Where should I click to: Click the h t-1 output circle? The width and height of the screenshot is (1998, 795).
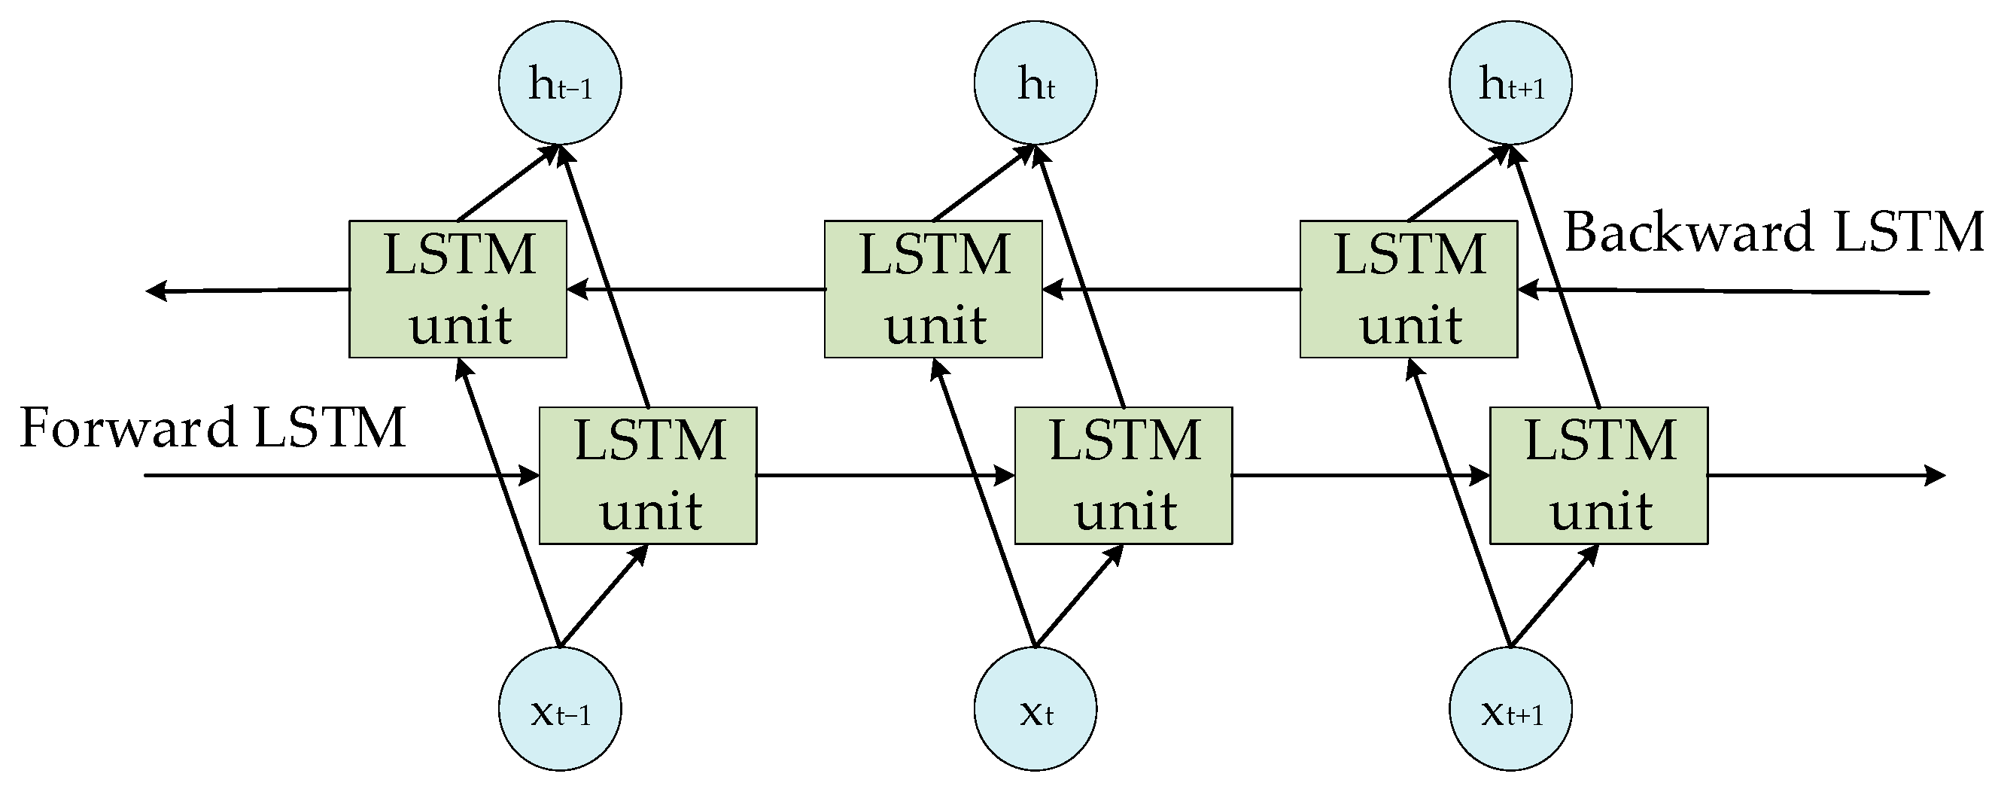(x=559, y=82)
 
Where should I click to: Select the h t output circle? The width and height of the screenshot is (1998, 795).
(x=1035, y=82)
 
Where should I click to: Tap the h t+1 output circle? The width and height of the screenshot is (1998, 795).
(x=1511, y=82)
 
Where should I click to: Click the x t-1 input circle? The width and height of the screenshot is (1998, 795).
(x=559, y=709)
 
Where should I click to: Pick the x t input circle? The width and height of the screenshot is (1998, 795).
(x=1035, y=709)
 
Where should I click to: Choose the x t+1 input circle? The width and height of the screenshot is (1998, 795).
(x=1511, y=709)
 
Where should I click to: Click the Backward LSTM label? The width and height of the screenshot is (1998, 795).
(x=1773, y=233)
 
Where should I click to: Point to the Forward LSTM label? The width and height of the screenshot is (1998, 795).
(x=212, y=428)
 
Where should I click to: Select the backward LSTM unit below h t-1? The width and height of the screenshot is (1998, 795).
(x=458, y=288)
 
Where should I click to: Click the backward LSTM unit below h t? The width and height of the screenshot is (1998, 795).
(x=933, y=288)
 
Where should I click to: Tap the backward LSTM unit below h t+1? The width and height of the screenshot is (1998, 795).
(x=1409, y=288)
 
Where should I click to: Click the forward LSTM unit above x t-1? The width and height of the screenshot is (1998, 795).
(x=648, y=475)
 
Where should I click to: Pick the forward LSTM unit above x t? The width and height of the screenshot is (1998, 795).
(x=1123, y=475)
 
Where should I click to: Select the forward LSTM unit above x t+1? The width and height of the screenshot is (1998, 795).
(x=1598, y=475)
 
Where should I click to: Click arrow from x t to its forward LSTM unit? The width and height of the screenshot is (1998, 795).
(x=1079, y=595)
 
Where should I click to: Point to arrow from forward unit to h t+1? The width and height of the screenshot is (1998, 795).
(x=1555, y=276)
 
